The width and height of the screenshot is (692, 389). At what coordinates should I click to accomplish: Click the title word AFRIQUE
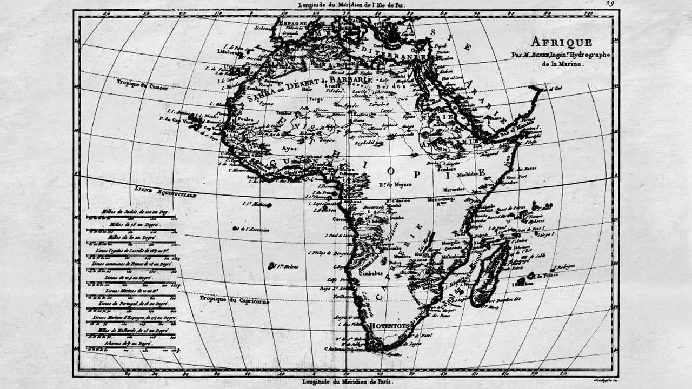pyautogui.click(x=561, y=42)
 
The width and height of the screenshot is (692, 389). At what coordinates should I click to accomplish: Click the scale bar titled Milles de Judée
pyautogui.click(x=131, y=212)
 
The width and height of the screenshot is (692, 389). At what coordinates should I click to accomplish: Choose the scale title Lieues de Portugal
pyautogui.click(x=131, y=305)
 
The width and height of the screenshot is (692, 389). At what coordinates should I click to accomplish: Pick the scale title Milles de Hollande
pyautogui.click(x=131, y=329)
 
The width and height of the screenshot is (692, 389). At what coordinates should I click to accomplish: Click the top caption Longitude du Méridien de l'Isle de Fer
pyautogui.click(x=351, y=4)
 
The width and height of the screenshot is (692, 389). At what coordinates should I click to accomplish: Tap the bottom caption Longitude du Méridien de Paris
pyautogui.click(x=348, y=382)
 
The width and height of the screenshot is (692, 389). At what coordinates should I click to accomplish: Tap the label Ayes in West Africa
pyautogui.click(x=289, y=147)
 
